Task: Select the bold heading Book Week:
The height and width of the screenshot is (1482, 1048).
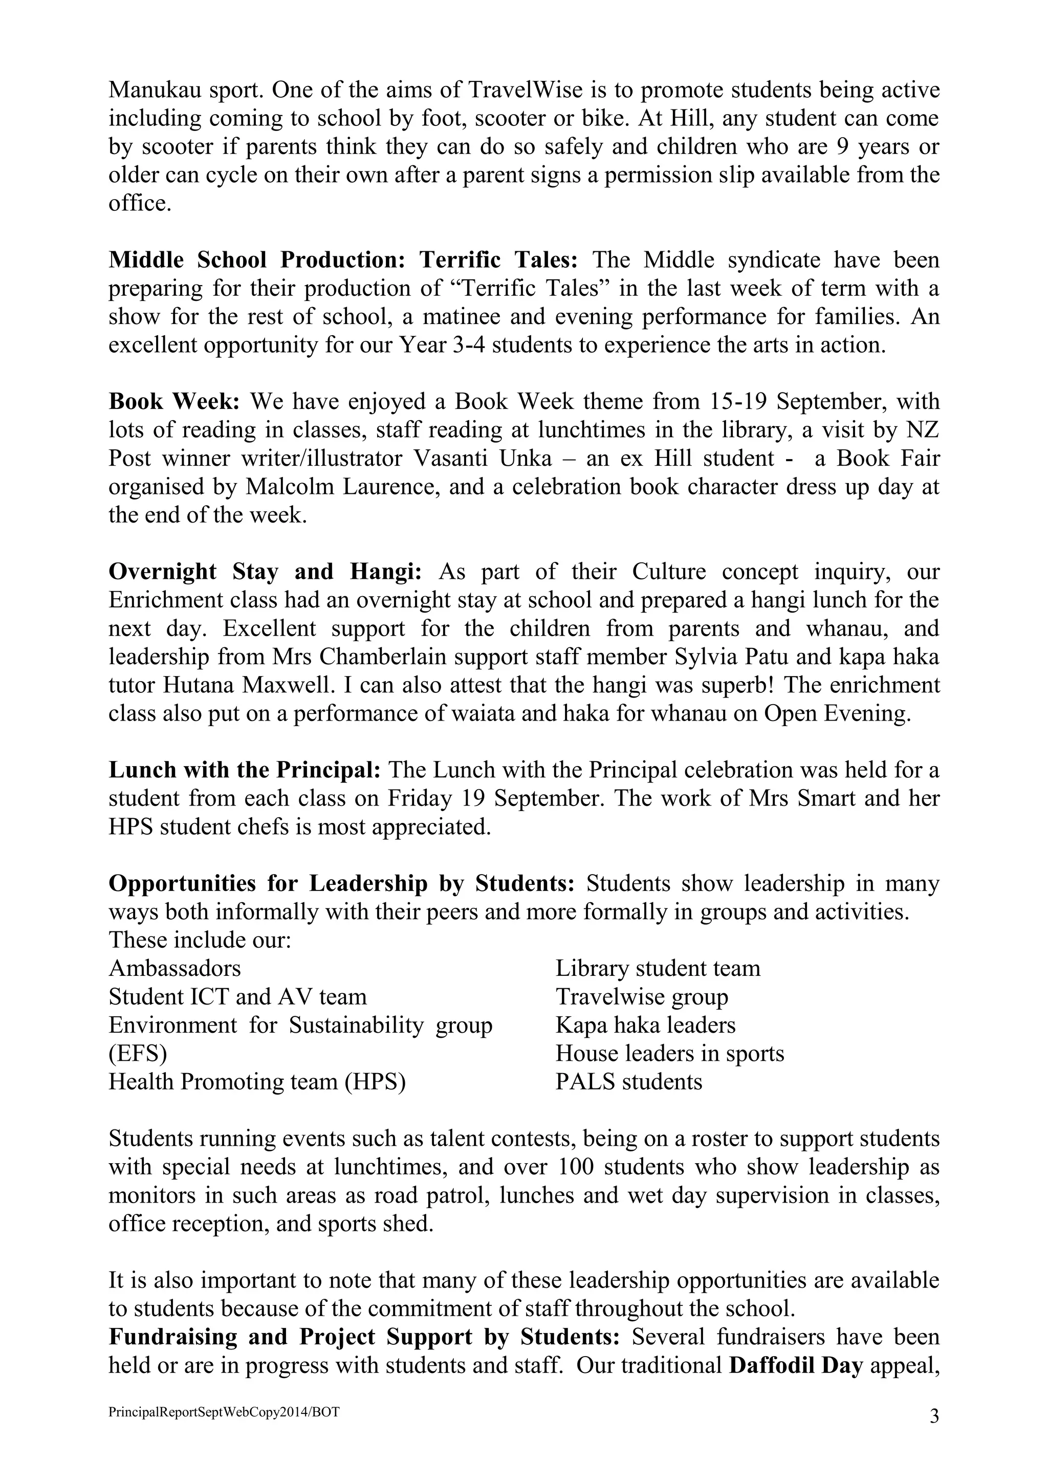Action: pos(174,402)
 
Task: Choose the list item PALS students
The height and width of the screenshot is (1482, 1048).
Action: pos(628,1082)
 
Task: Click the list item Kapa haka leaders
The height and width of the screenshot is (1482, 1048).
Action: pos(645,1025)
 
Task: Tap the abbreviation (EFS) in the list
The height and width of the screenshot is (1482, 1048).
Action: pos(138,1053)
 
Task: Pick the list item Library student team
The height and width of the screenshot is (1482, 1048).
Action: pos(658,968)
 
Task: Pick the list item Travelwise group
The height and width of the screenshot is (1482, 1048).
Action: pos(642,996)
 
